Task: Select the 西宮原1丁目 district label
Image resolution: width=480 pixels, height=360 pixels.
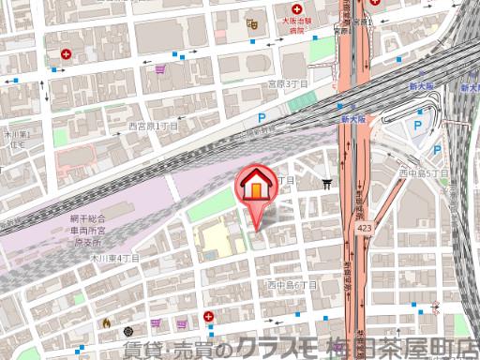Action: tap(153, 126)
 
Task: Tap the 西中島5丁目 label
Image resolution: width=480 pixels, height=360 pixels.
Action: tap(419, 172)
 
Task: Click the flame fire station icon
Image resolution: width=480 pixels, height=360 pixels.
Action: tap(106, 323)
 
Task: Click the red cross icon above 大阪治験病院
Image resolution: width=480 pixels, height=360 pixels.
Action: tap(295, 7)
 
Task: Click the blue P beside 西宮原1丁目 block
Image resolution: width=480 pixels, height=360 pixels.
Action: tap(262, 118)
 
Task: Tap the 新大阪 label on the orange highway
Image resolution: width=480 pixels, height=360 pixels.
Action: tap(352, 120)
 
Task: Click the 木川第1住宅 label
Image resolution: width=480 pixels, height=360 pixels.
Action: tap(16, 140)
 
